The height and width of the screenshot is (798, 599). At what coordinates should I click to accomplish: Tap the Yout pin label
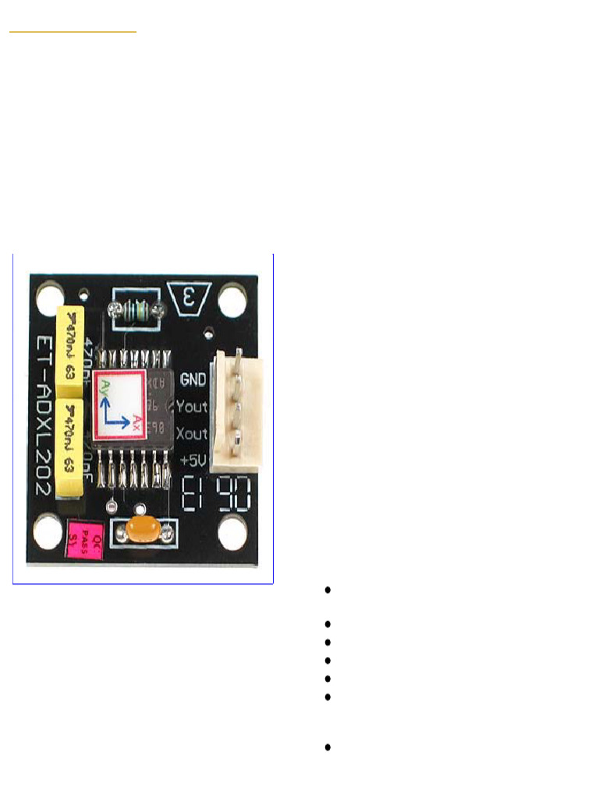tap(192, 406)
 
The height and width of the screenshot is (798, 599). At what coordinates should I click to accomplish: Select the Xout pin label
tap(192, 433)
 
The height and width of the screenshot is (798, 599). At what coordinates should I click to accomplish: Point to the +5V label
tap(193, 461)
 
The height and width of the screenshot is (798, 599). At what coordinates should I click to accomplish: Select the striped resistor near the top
tap(137, 311)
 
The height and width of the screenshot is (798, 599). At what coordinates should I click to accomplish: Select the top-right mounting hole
tap(232, 299)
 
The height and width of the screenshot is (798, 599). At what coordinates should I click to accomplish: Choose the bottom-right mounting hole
tap(232, 534)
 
